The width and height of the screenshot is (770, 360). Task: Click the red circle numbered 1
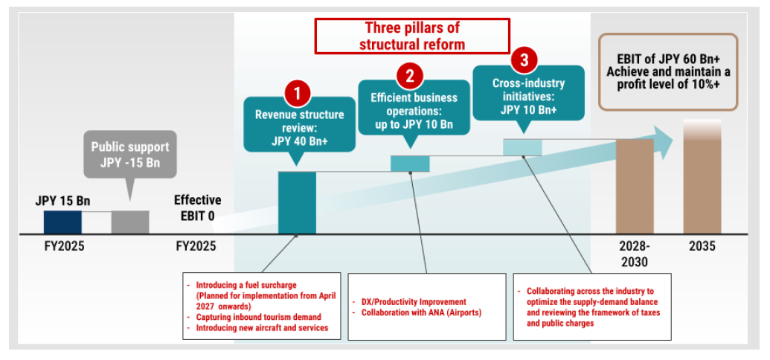[x=298, y=94]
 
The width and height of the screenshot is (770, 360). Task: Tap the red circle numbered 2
[x=410, y=74]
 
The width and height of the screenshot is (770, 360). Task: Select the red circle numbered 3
[x=524, y=58]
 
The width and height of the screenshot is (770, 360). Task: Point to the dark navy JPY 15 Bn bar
[x=62, y=222]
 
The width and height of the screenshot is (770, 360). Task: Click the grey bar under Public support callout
[x=130, y=222]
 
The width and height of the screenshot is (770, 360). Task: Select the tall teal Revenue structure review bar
[x=297, y=202]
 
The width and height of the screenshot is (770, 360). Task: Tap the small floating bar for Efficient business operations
[x=410, y=163]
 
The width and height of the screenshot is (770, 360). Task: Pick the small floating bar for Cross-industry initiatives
[x=522, y=147]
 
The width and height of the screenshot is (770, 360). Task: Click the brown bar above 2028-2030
[x=635, y=186]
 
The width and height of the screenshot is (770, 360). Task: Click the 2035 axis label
[x=702, y=246]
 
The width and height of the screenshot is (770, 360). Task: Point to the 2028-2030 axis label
[x=635, y=254]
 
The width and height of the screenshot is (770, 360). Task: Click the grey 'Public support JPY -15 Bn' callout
[x=130, y=155]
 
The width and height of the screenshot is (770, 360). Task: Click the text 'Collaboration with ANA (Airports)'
[x=416, y=312]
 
